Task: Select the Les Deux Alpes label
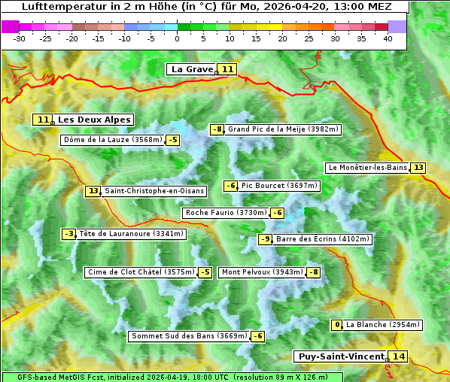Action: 94,120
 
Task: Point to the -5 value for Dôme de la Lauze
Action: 173,140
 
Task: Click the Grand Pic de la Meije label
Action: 284,129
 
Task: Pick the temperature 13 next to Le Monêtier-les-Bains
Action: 418,168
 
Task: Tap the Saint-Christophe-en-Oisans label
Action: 154,191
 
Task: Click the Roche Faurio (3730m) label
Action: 226,213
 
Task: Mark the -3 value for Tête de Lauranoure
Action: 69,234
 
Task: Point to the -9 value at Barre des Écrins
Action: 265,239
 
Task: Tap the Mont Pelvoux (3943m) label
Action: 262,272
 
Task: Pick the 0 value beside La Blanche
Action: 337,325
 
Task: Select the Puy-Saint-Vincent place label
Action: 339,356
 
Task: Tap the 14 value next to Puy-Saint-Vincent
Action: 398,356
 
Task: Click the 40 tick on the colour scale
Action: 388,38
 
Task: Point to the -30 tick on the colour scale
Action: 20,38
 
